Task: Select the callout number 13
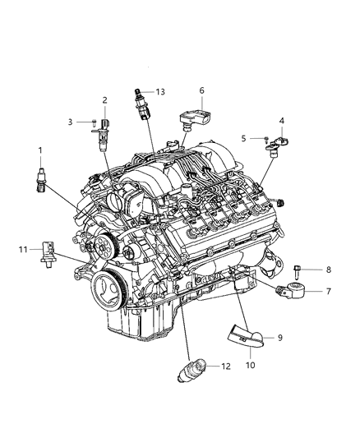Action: click(160, 91)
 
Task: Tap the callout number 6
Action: click(201, 90)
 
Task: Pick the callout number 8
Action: click(328, 269)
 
